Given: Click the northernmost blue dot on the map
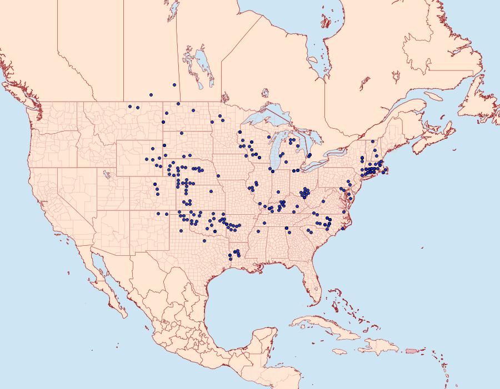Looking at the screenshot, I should click(174, 85).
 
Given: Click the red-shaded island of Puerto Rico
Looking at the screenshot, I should click(412, 350).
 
